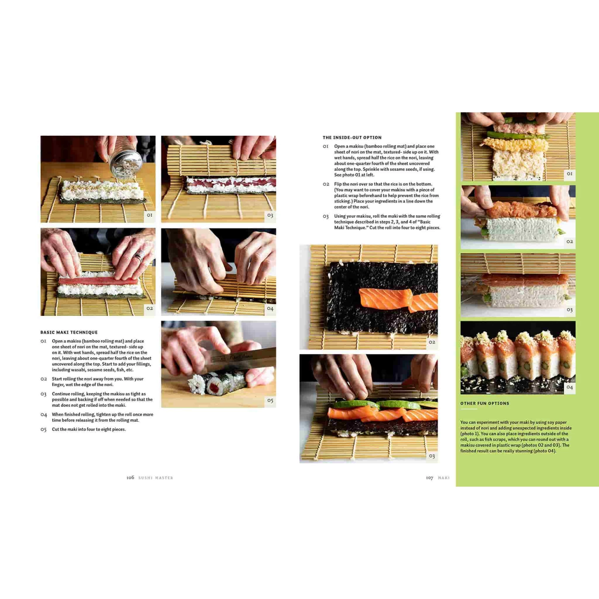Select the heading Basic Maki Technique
click(69, 332)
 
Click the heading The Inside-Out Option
click(352, 137)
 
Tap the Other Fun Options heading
click(484, 403)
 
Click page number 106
click(130, 478)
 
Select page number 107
click(429, 478)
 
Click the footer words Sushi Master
click(156, 478)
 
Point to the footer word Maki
click(444, 478)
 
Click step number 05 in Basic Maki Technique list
click(44, 429)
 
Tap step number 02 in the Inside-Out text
click(326, 184)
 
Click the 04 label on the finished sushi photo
click(569, 387)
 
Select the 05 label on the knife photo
click(270, 401)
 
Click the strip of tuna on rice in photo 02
click(98, 282)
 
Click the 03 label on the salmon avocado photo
click(432, 456)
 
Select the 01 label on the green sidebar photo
click(569, 174)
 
